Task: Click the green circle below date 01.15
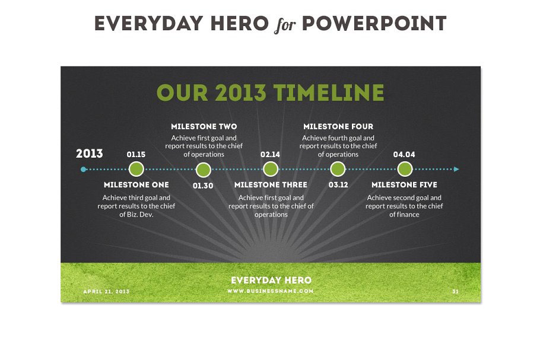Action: click(136, 169)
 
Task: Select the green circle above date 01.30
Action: click(204, 170)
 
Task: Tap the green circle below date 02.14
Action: click(271, 169)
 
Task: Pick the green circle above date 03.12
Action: click(338, 169)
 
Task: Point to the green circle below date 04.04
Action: click(405, 169)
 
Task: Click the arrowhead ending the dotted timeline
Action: click(456, 169)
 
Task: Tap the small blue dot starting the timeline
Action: click(83, 169)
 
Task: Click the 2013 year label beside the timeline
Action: click(90, 154)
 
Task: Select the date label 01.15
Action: click(136, 155)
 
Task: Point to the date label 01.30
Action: click(203, 185)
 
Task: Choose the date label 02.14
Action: click(271, 155)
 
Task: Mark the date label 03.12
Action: click(338, 185)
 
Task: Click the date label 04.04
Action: click(405, 155)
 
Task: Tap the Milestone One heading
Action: click(136, 185)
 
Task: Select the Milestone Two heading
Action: click(204, 126)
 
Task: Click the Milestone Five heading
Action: click(404, 185)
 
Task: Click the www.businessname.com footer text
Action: click(271, 291)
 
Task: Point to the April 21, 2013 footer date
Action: click(106, 291)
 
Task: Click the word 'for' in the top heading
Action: click(285, 25)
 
